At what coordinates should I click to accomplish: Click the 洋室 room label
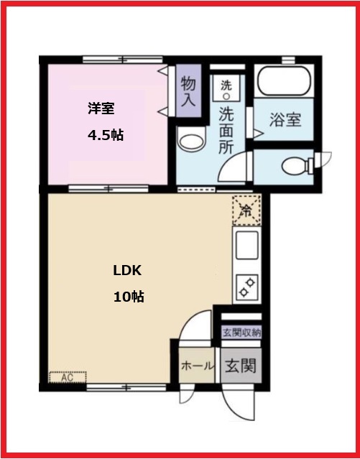tap(102, 109)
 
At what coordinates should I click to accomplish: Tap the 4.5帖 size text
tap(105, 135)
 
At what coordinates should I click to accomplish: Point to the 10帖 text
tap(129, 296)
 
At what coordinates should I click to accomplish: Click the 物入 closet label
tap(188, 91)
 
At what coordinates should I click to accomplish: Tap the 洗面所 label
tap(226, 129)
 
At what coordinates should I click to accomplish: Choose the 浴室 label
tap(285, 120)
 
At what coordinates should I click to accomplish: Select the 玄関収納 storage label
tap(241, 332)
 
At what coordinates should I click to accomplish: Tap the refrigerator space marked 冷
tap(246, 210)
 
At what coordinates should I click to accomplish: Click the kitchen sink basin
tap(246, 246)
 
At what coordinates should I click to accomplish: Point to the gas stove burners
tap(246, 287)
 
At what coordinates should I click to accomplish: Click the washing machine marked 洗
tap(226, 85)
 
